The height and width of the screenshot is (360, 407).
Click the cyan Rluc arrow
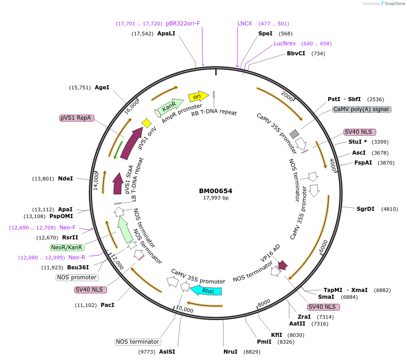tap(206, 291)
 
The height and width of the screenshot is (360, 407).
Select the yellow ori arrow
tap(198, 96)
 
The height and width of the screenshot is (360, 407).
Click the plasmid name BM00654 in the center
tap(215, 191)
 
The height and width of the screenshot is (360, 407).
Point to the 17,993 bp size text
tap(216, 198)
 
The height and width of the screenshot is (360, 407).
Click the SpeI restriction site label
tap(265, 34)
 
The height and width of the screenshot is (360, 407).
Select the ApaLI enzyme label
tap(166, 34)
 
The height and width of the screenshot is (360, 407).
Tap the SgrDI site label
tap(365, 209)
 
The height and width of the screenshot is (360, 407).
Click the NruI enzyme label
tap(230, 352)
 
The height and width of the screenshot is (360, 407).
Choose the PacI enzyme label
tap(107, 305)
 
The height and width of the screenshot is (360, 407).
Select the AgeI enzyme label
tap(102, 88)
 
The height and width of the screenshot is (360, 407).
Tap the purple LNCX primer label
tap(245, 24)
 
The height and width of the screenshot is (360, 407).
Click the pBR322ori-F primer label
tap(183, 24)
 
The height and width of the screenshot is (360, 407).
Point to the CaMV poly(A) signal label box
tap(361, 109)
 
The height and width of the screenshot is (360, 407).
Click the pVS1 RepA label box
tap(76, 118)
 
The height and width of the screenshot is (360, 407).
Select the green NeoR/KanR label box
tap(67, 248)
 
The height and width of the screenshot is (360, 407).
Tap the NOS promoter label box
tap(77, 277)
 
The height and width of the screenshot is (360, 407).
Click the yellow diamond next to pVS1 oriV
tap(146, 123)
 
